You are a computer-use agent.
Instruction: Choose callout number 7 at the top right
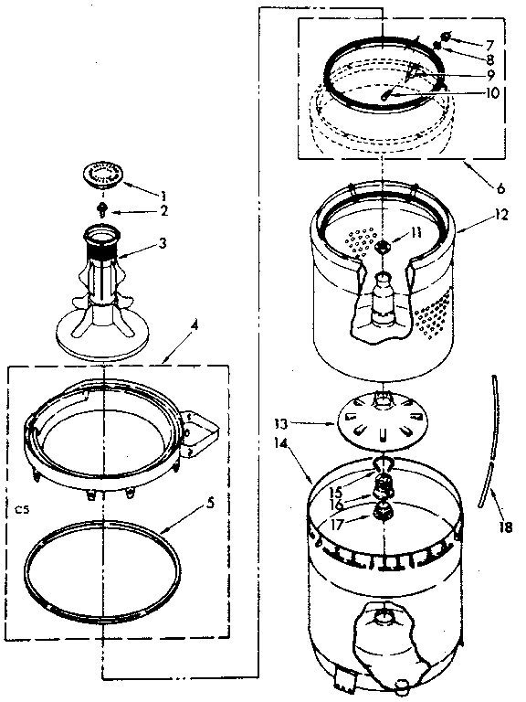tap(489, 43)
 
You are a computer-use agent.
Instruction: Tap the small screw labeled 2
tap(102, 209)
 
